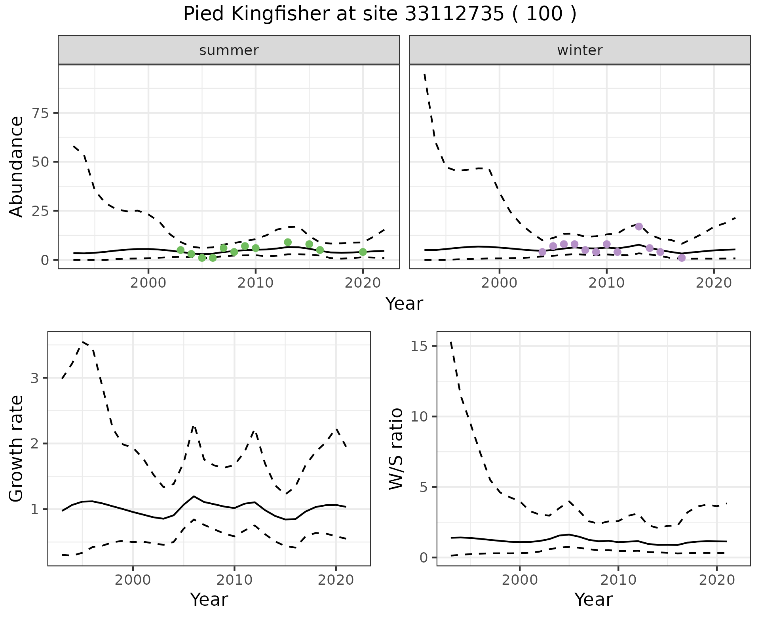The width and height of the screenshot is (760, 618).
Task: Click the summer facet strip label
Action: point(229,50)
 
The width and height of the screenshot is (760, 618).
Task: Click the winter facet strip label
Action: point(579,50)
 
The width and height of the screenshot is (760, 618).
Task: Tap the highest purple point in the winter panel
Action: point(638,226)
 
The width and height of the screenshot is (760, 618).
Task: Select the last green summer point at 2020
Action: point(363,252)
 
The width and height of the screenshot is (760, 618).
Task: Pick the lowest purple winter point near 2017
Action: point(681,258)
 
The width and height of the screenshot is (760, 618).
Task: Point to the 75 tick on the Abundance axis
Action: point(38,113)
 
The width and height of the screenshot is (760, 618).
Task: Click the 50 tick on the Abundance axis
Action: point(38,162)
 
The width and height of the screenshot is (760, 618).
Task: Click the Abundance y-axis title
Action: point(16,166)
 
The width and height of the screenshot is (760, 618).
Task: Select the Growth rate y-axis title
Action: point(16,448)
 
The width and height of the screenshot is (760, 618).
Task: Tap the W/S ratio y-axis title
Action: point(396,448)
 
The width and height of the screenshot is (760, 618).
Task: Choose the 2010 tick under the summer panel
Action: point(255,283)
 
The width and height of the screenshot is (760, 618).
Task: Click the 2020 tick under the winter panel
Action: point(713,283)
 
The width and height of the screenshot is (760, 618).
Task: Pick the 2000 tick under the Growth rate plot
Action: point(133,580)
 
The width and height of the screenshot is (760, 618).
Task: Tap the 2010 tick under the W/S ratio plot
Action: point(618,580)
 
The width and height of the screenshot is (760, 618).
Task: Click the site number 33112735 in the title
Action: point(454,14)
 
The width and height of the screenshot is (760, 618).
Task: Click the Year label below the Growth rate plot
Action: point(209,599)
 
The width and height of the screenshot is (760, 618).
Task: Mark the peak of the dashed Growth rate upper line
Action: point(82,341)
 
